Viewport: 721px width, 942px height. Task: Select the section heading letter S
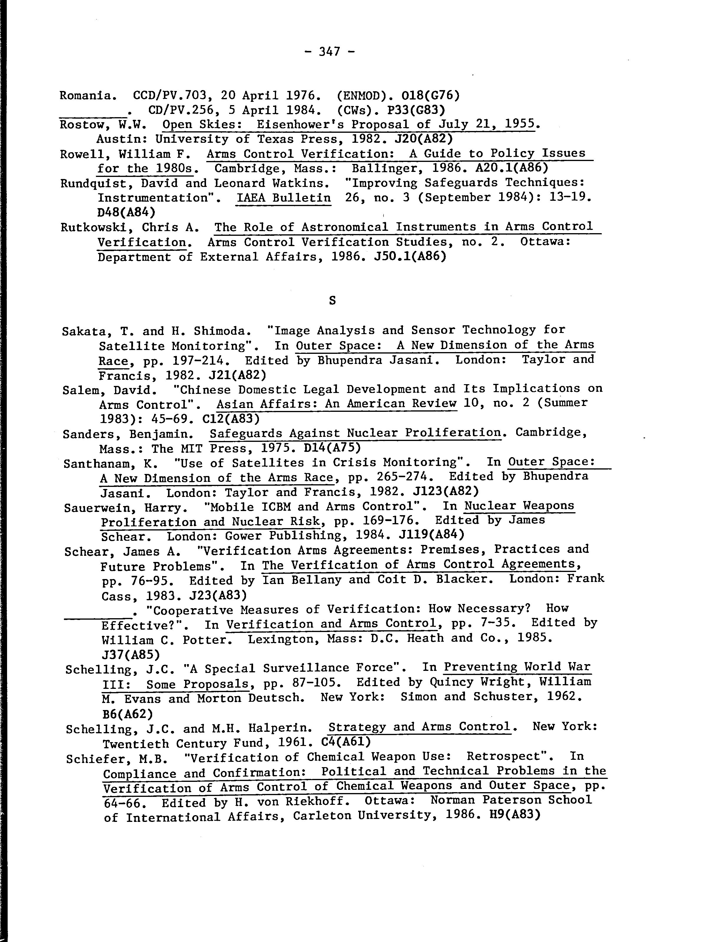point(332,301)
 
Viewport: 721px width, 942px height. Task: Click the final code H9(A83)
point(514,815)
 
